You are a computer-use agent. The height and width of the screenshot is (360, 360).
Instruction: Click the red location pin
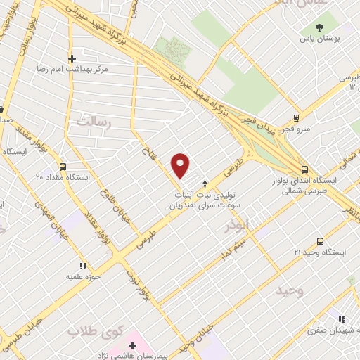point(181,165)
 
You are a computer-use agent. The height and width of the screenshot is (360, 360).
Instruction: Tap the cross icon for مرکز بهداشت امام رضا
point(72,58)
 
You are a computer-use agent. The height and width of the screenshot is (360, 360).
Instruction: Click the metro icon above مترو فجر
point(297,118)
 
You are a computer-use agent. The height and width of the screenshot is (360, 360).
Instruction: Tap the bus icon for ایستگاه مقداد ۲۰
point(63,167)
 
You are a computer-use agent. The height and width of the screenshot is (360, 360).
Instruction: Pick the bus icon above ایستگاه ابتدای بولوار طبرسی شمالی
point(304,169)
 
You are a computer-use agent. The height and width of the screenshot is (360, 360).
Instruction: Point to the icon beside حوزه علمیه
point(82,266)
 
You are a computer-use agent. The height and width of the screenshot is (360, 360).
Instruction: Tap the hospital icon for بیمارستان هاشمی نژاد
point(133,345)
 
